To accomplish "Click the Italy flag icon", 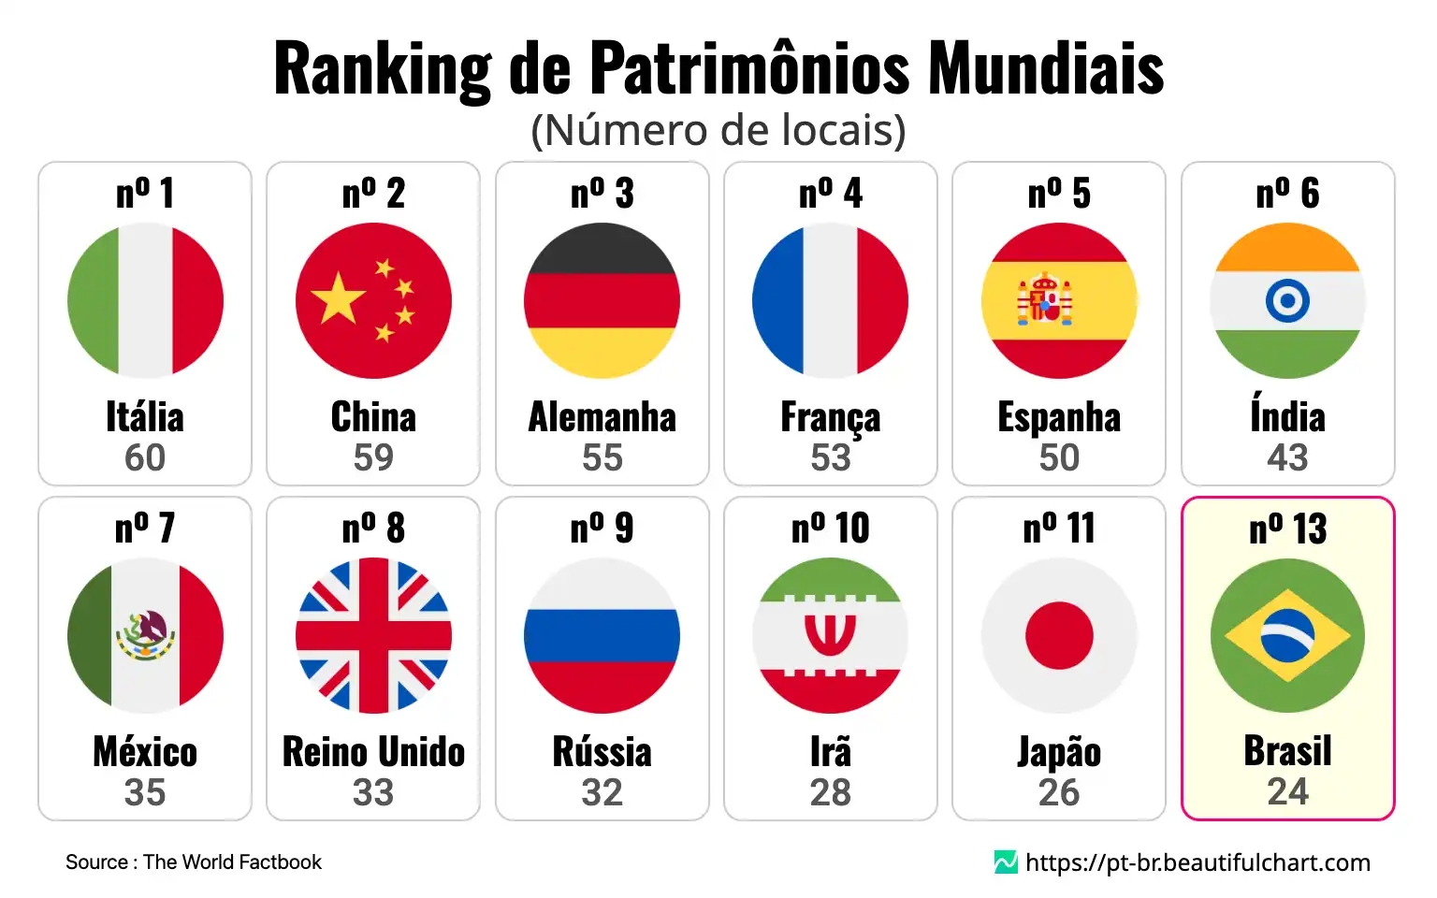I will coord(145,300).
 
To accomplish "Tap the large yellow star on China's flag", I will coord(338,298).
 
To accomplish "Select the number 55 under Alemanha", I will coord(602,457).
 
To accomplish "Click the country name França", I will coord(830,418).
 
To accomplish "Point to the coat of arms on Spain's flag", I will coord(1045,300).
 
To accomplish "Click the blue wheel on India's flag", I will coord(1287,300).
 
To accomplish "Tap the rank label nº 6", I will coord(1287,194).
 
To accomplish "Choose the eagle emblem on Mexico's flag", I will coord(145,634).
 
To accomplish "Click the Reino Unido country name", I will coord(373,752).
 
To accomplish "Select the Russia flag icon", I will coord(602,635).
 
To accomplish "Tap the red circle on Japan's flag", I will coord(1059,635).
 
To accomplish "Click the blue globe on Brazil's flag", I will coord(1287,635).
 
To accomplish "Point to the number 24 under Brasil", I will coord(1287,791).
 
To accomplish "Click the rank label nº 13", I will coord(1287,529).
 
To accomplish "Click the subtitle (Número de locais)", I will coord(718,130).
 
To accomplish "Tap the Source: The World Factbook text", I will coord(194,862).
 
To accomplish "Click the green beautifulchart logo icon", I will coord(1006,862).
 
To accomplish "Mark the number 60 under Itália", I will coord(145,457).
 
